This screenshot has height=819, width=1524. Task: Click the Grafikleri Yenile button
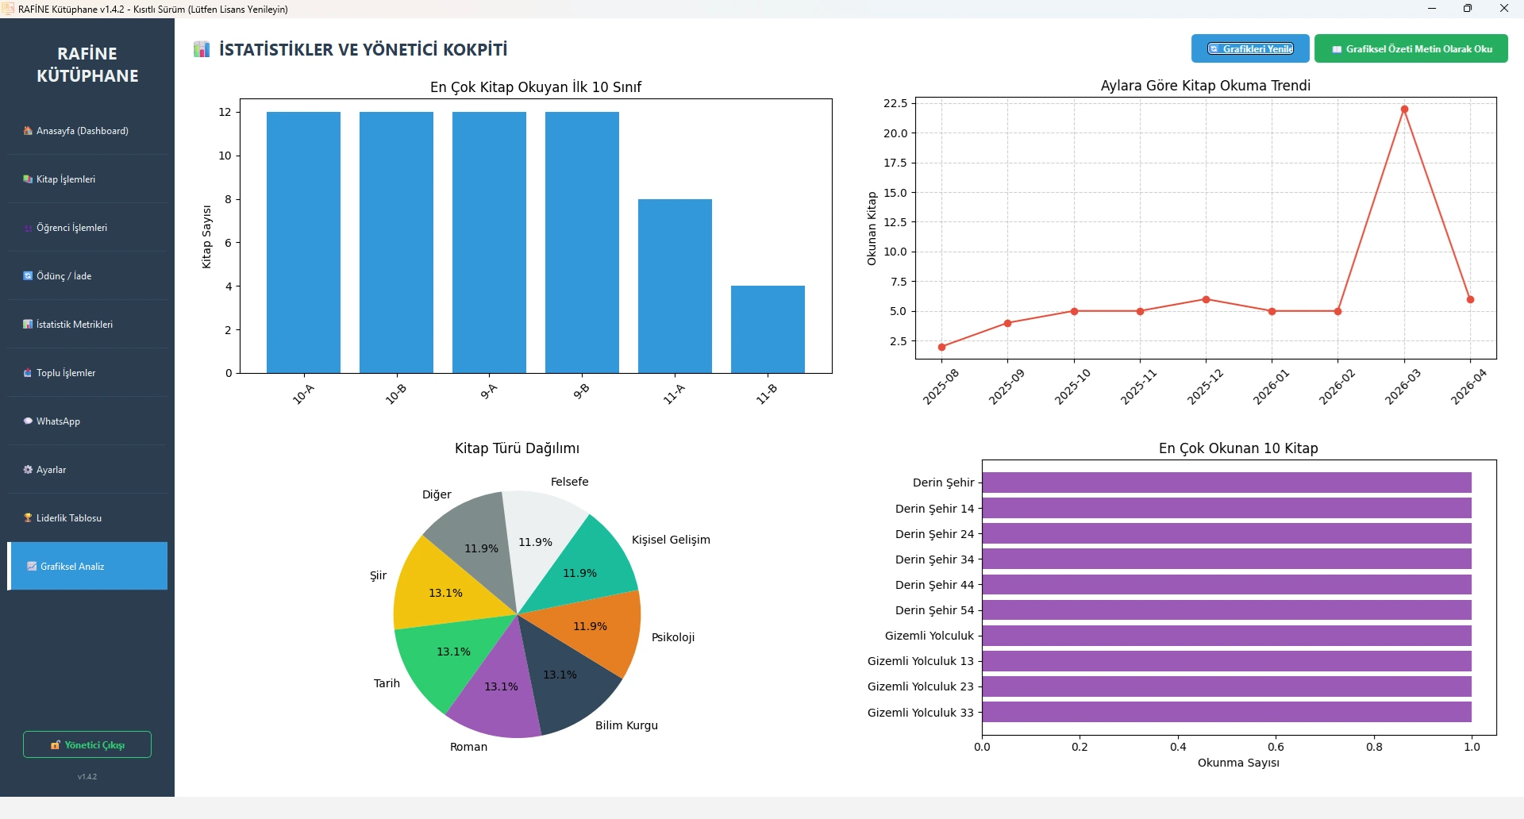click(x=1249, y=49)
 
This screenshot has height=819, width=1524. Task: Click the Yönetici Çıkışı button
click(x=87, y=744)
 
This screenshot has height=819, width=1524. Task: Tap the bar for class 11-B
click(x=768, y=329)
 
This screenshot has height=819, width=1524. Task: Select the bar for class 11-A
click(x=675, y=286)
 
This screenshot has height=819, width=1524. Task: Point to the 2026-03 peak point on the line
click(x=1404, y=110)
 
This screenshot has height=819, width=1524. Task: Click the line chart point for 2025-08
click(x=942, y=347)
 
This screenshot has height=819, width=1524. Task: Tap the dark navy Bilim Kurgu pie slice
click(x=568, y=682)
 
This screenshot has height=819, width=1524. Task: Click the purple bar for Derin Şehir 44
click(x=1226, y=585)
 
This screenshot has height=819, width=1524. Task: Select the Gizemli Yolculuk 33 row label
click(x=920, y=713)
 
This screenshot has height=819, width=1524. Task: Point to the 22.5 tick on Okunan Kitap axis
click(x=895, y=103)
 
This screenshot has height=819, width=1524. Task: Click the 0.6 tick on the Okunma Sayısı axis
click(x=1276, y=747)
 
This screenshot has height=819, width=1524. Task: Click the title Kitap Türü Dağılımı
click(x=517, y=448)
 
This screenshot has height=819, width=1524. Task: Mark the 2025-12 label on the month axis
click(x=1204, y=387)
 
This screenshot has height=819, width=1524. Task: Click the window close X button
click(x=1503, y=9)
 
